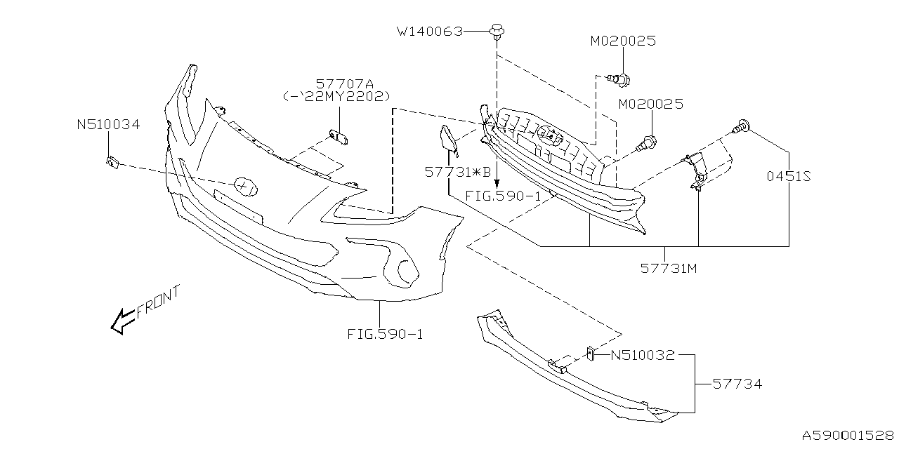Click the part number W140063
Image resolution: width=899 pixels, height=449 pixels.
(430, 31)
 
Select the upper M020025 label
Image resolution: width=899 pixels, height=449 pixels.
(622, 41)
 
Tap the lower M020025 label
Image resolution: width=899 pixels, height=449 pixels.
(650, 105)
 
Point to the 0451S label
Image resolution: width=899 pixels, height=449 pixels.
(788, 177)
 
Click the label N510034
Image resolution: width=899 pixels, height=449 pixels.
(108, 125)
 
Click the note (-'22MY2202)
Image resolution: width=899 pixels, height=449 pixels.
(336, 97)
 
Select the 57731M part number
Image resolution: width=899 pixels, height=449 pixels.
(668, 268)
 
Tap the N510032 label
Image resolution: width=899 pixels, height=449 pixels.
(642, 355)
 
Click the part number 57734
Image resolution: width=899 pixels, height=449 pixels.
(737, 384)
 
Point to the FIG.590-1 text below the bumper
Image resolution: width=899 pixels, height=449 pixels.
(385, 335)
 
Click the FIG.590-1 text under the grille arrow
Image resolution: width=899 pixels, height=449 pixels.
(503, 196)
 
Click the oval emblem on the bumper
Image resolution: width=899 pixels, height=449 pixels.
(245, 185)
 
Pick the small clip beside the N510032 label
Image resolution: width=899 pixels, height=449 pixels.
(592, 352)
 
